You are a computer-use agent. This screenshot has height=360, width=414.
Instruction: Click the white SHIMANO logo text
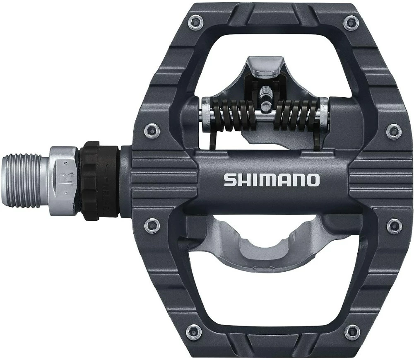coord(272,180)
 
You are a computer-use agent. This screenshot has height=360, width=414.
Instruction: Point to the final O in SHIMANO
coord(313,180)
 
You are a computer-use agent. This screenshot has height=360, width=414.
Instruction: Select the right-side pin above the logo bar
coord(393,131)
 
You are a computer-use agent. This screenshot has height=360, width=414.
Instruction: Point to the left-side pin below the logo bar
coord(152,226)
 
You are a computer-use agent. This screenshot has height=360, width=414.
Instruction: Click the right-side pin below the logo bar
coord(393,226)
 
